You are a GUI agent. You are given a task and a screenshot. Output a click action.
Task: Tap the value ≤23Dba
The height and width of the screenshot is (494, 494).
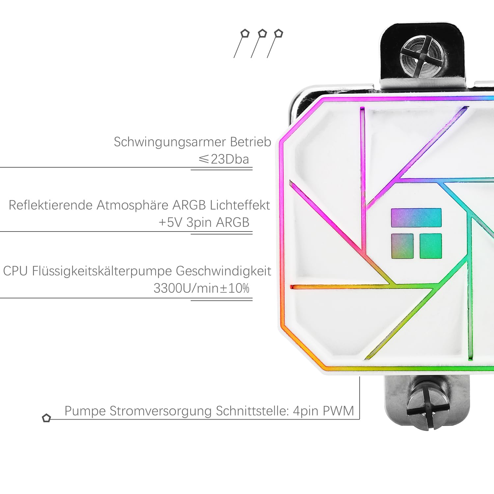(224, 159)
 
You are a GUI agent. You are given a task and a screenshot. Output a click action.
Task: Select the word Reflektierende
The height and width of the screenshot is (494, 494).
(51, 205)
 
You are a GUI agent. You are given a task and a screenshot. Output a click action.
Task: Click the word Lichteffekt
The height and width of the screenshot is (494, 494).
(240, 205)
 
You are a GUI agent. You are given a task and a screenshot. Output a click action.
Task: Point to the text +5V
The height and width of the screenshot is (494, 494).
(171, 223)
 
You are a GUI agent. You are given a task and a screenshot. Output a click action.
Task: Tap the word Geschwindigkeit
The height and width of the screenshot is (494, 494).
(224, 271)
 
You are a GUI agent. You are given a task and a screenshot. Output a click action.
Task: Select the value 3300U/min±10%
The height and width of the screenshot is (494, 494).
(202, 288)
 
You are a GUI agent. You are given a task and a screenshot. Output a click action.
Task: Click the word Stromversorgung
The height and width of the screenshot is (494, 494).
(160, 411)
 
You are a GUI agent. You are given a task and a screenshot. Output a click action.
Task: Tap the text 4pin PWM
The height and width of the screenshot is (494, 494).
(323, 411)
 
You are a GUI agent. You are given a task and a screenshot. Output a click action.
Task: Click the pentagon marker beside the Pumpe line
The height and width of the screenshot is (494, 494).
(46, 418)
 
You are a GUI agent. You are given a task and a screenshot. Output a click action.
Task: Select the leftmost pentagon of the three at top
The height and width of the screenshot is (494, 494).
(245, 33)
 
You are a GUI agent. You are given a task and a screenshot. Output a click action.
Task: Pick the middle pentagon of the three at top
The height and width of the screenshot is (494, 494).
(262, 33)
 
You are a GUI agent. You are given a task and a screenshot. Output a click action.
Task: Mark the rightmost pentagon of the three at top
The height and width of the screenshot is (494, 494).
(279, 33)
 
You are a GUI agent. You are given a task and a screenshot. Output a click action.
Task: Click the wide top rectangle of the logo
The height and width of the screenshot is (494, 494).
(416, 218)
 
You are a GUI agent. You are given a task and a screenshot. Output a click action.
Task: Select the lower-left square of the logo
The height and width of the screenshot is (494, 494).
(402, 246)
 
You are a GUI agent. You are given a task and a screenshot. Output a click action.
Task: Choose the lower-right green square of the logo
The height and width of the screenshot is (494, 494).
(431, 246)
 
